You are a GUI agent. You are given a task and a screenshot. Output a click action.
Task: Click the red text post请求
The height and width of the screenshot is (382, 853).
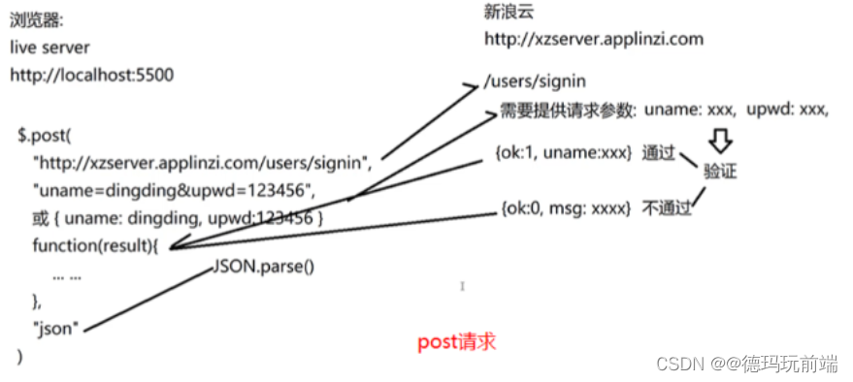(457, 342)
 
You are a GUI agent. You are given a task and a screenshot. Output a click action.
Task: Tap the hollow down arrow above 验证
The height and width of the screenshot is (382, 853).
(719, 143)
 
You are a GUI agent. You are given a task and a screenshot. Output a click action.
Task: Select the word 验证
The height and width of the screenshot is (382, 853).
(721, 172)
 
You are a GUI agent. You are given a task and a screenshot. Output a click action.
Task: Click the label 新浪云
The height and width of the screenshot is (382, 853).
(509, 13)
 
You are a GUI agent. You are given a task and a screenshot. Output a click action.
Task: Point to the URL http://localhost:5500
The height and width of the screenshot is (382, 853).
(92, 75)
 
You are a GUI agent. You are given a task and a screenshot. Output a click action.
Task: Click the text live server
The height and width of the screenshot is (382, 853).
(50, 48)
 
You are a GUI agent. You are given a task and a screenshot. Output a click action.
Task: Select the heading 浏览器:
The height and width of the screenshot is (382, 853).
(38, 19)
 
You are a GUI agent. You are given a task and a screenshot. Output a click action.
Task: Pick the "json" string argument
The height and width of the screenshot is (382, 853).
(57, 329)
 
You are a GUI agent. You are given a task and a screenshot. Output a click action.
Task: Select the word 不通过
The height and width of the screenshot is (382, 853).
(666, 207)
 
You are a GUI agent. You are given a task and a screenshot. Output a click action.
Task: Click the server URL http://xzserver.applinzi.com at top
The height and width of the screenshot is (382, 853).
(593, 40)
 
